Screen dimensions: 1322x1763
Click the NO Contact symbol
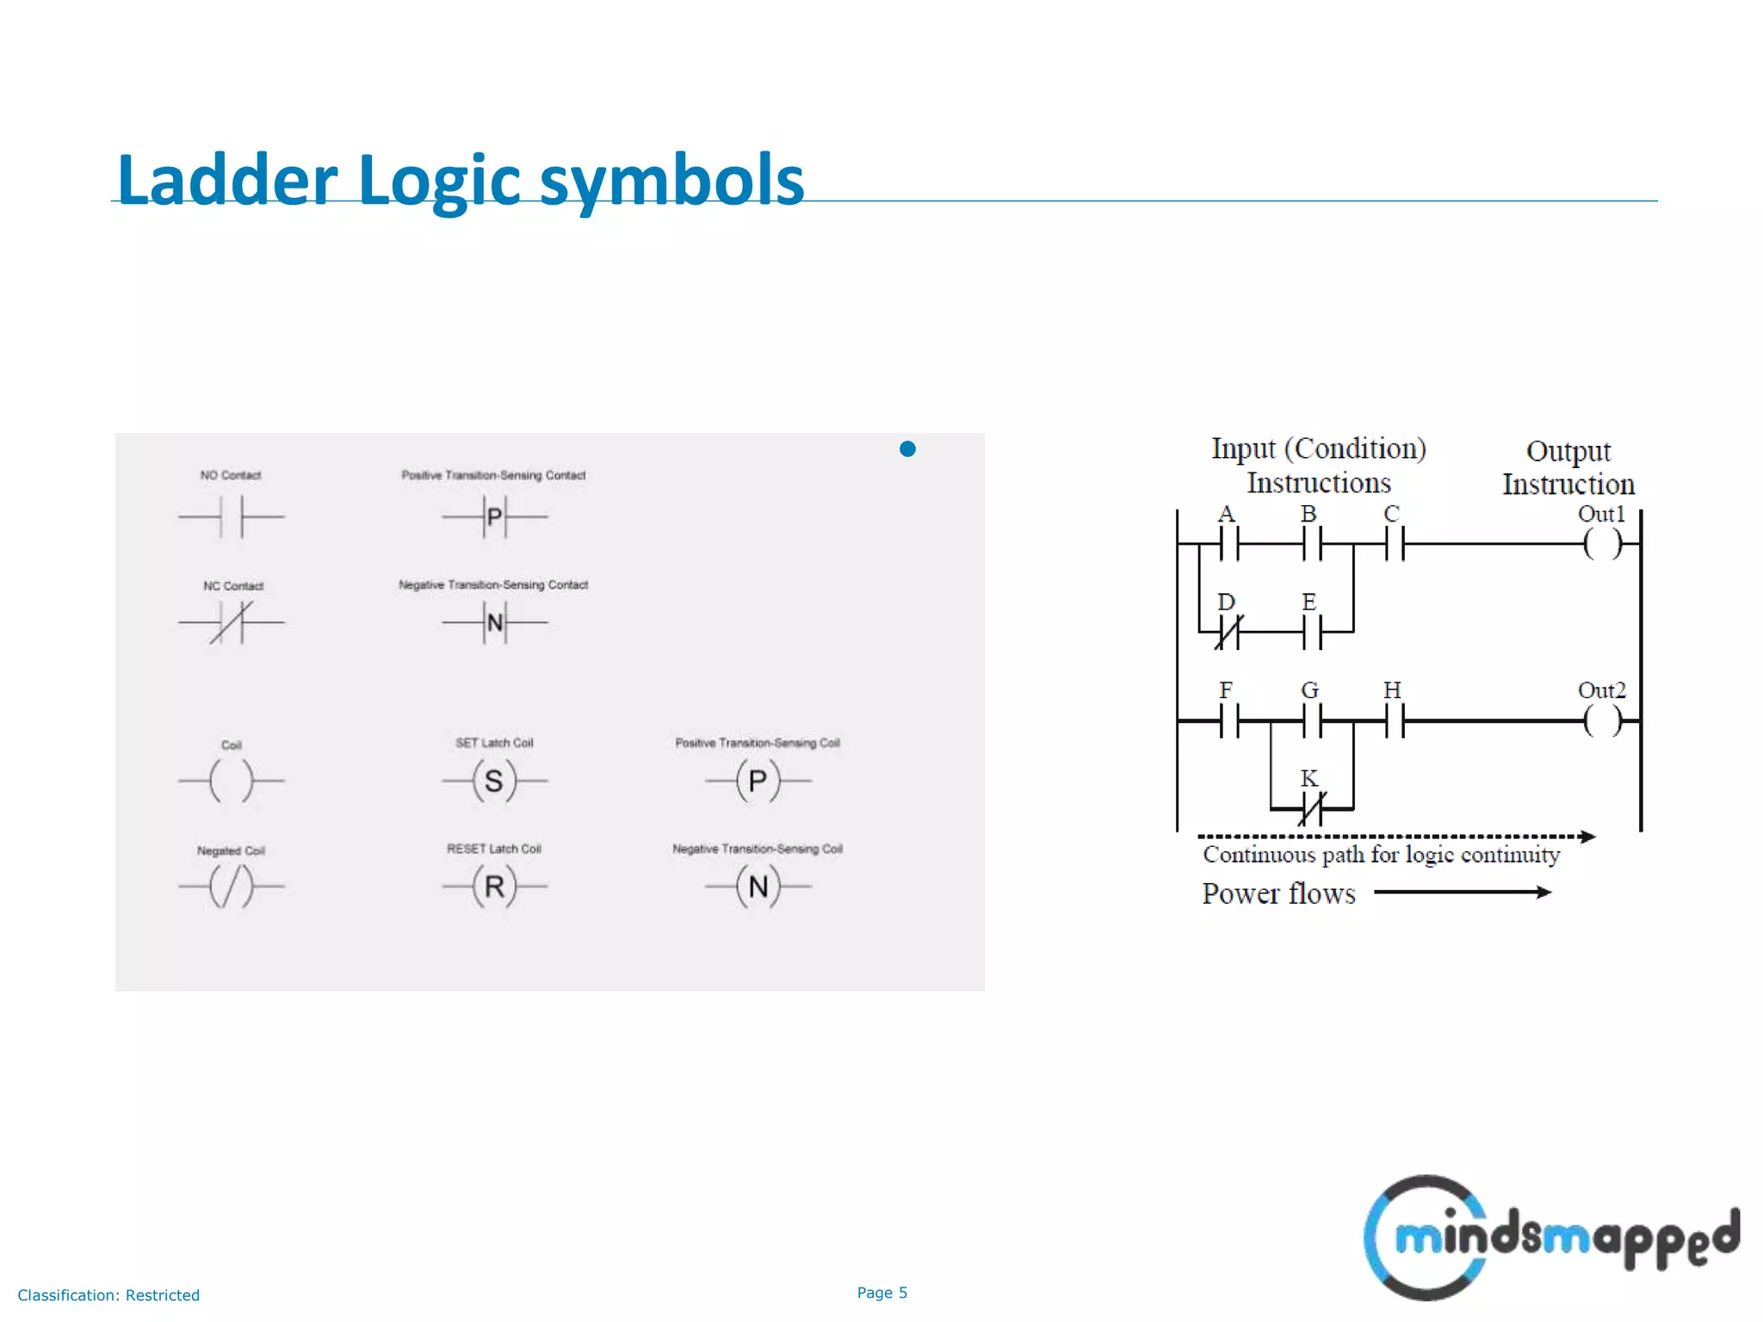231,517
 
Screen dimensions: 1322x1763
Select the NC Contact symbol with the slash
231,622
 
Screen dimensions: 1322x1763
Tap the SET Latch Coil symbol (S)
494,781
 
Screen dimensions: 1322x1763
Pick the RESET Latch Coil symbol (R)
494,886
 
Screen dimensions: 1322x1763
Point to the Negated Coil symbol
231,886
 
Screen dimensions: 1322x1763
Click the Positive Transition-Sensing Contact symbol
494,517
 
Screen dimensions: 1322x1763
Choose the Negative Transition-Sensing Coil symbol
758,886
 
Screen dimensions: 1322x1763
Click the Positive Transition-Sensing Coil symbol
758,781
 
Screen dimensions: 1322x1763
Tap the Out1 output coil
1602,544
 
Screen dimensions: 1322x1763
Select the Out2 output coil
1602,721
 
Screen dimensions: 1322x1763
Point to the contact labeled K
1311,809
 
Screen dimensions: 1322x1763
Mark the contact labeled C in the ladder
1395,544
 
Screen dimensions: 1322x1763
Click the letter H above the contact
1392,690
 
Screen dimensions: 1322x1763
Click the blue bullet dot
907,448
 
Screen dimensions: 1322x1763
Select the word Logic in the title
439,181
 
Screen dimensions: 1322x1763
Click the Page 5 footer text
881,1293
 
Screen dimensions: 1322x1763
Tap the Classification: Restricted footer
108,1295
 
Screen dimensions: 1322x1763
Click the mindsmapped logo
1550,1238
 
